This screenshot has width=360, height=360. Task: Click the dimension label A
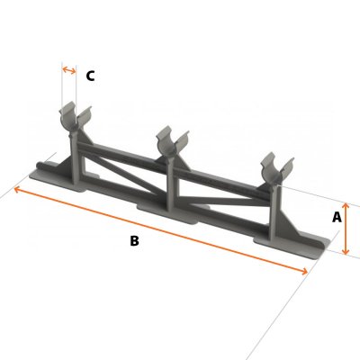coord(337,217)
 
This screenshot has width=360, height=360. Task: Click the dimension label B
coord(134,240)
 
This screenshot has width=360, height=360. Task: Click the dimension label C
coord(90,76)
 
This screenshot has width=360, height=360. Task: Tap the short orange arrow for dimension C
coord(69,68)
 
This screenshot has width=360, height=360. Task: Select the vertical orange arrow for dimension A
coord(345,228)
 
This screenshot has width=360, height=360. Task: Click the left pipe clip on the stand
coord(74,120)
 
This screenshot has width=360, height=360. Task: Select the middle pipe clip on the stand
coord(168,141)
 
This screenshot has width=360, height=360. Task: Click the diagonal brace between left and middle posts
coord(126,171)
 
